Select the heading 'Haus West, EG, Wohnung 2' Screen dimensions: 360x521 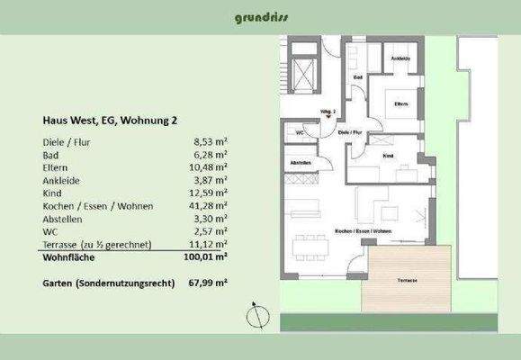click(x=104, y=118)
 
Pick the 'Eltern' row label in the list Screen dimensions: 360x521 click(x=56, y=167)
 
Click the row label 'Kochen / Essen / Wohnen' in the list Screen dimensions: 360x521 click(x=98, y=206)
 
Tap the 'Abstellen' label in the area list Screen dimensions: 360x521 click(x=63, y=219)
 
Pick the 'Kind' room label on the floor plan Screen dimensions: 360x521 click(x=388, y=156)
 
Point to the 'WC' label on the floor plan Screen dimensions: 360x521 click(x=300, y=132)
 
